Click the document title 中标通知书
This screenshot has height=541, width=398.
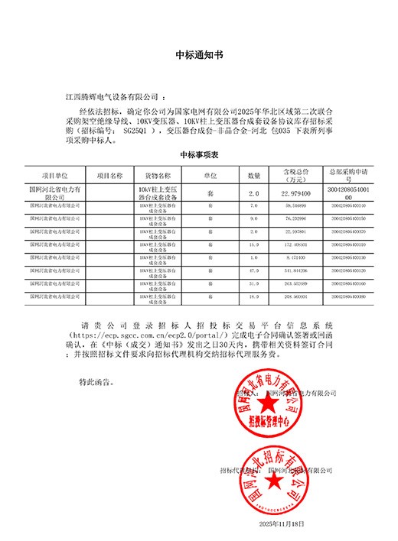coord(199,55)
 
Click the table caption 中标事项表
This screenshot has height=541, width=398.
coord(199,154)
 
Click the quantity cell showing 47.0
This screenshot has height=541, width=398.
coord(254,270)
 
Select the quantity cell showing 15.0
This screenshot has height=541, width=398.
coord(254,244)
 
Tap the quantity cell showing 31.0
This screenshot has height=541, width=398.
coord(254,283)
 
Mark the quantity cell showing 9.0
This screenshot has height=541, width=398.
coord(254,218)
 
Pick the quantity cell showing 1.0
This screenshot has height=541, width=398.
coord(254,257)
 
